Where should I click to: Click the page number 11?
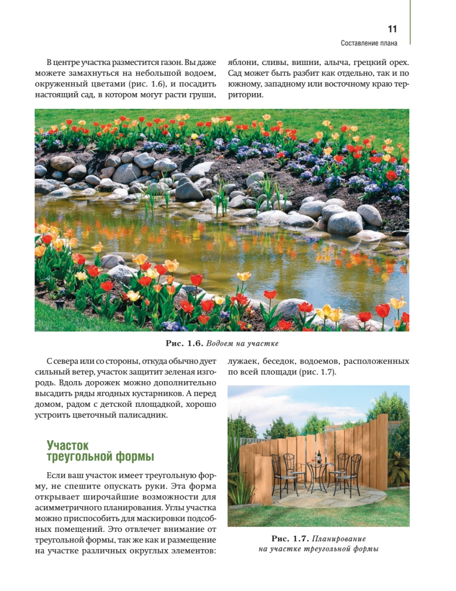coord(392,29)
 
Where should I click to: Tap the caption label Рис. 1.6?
coord(182,343)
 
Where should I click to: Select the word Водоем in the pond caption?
coord(220,343)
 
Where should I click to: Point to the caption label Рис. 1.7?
coord(290,538)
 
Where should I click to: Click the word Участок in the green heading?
coord(67,445)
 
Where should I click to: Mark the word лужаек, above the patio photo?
coord(243,361)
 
